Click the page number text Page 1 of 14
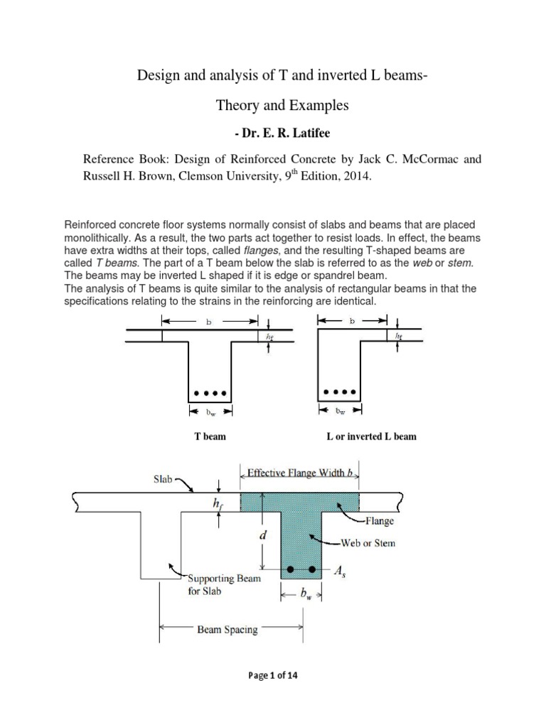pos(272,675)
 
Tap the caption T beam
pos(210,436)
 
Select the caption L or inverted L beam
pos(370,436)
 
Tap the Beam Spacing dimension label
pos(227,630)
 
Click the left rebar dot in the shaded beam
pos(290,569)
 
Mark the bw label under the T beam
pos(208,410)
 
